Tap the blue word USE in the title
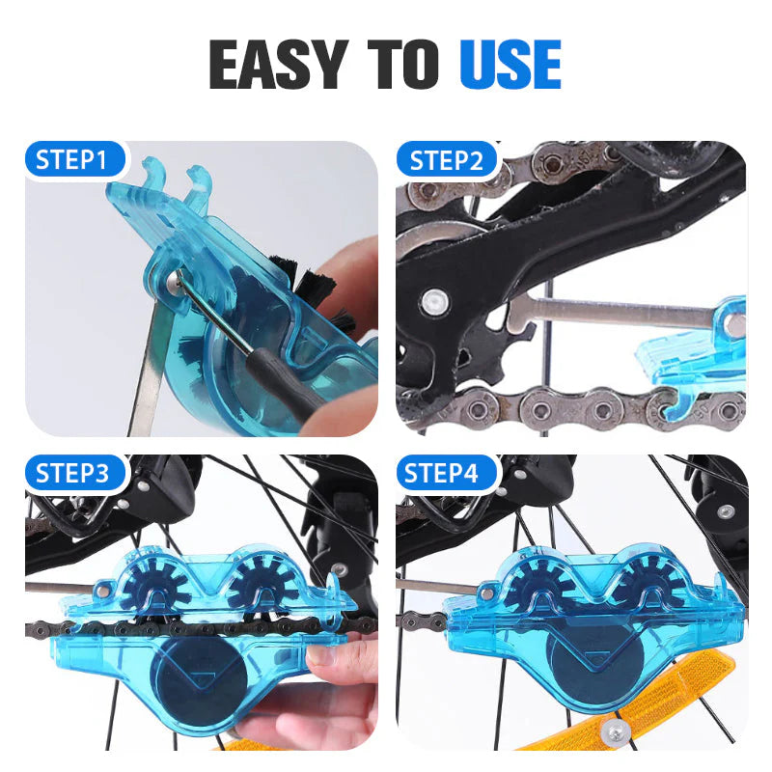click(510, 65)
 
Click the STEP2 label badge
click(446, 160)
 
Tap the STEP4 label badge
click(445, 474)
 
